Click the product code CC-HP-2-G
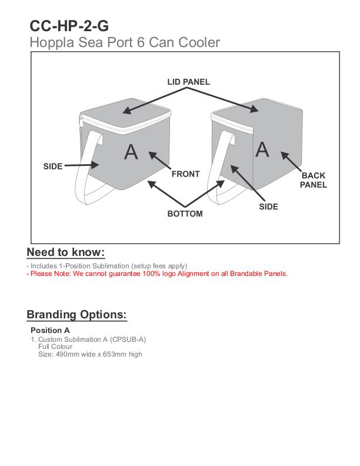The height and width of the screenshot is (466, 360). coord(69,26)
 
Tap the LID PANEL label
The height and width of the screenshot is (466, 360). coord(188,82)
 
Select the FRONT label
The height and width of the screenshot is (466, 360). coord(185,174)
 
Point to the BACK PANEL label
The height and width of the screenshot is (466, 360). coord(313,180)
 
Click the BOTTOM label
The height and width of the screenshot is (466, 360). coord(185,214)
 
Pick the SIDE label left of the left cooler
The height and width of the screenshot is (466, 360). coord(53,167)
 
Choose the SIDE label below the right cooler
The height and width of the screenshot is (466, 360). coord(268,207)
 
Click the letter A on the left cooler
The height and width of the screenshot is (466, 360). coord(131,152)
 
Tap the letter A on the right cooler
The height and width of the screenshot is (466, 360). coord(262,149)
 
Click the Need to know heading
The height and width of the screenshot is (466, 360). coord(66,252)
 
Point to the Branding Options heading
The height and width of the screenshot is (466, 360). coord(76,314)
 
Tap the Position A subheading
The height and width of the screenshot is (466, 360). coord(50,330)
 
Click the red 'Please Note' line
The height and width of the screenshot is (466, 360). coord(157,274)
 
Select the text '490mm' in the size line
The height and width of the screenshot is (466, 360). coord(65,354)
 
